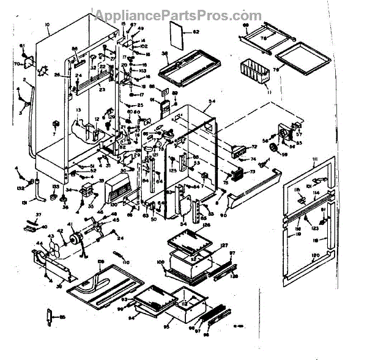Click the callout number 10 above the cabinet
coord(48,25)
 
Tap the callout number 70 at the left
coord(35,63)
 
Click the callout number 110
coord(127,262)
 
